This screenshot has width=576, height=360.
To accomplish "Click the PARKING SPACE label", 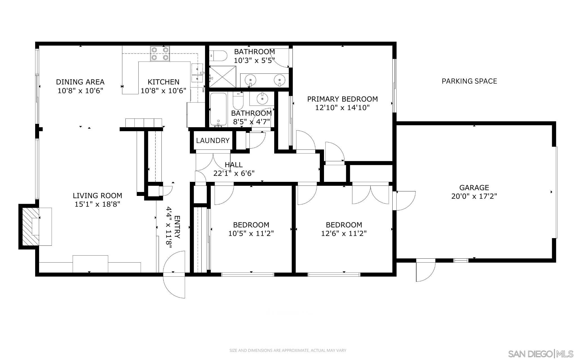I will point(469,81).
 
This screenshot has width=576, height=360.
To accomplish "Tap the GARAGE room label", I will point(474,187).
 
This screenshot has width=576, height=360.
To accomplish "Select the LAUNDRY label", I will point(213,140).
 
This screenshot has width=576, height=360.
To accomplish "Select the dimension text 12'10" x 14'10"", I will point(342,108).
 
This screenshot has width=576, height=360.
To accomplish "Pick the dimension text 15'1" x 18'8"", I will point(97,204).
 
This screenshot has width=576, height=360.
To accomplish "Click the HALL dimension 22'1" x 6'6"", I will point(234,173).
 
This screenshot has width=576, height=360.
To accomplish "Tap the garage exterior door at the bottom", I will point(426,270).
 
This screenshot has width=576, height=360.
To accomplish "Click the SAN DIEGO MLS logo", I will point(540,354).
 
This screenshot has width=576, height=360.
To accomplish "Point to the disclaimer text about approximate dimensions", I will point(288,350).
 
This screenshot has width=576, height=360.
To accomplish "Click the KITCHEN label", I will point(163,82).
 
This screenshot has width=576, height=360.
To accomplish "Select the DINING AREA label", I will point(80,82).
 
